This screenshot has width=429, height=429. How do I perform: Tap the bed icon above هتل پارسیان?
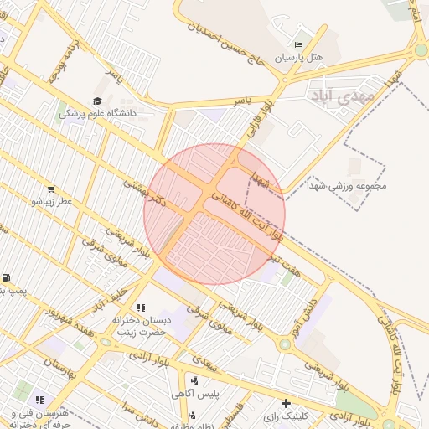coord(299,44)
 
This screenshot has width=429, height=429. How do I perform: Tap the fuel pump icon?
coord(6,278)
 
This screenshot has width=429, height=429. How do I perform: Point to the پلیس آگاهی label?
coord(194,393)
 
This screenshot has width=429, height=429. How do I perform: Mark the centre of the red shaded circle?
coord(214,214)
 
